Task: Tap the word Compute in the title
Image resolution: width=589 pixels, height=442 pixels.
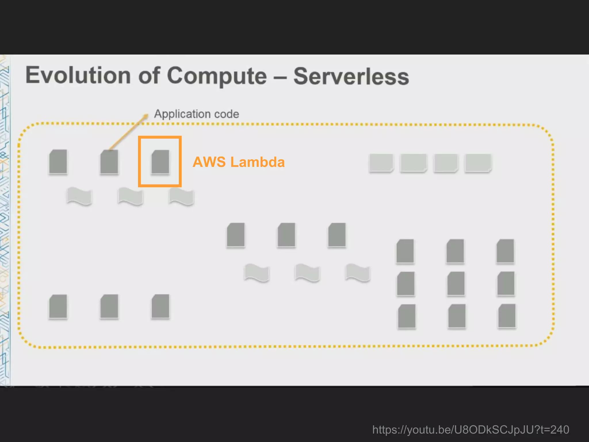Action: [x=217, y=76]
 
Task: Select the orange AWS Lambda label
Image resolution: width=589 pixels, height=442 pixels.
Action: [x=239, y=162]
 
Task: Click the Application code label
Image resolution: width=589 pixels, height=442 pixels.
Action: [x=196, y=114]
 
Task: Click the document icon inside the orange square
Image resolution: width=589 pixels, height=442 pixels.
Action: [x=160, y=162]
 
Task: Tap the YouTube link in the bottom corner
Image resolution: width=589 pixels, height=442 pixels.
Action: [x=471, y=430]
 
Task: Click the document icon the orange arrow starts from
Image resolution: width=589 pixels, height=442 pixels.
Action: [x=109, y=162]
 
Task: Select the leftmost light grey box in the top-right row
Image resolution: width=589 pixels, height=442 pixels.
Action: [x=381, y=163]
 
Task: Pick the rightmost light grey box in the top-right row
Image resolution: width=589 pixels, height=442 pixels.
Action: [x=478, y=163]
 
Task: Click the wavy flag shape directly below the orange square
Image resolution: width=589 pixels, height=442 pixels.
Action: [x=181, y=197]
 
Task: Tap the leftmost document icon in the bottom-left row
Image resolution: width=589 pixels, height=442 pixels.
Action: [x=58, y=307]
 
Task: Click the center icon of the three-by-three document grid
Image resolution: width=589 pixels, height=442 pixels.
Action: [x=456, y=284]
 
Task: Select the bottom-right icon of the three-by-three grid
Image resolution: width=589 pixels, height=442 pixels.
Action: [x=507, y=316]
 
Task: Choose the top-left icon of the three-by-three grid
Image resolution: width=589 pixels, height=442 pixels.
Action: [x=405, y=251]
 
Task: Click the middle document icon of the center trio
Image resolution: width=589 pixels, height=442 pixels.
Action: [x=286, y=235]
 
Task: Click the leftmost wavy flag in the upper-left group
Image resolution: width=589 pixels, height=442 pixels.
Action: [x=79, y=196]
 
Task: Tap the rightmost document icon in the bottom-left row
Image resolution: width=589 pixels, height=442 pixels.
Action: [x=160, y=306]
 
